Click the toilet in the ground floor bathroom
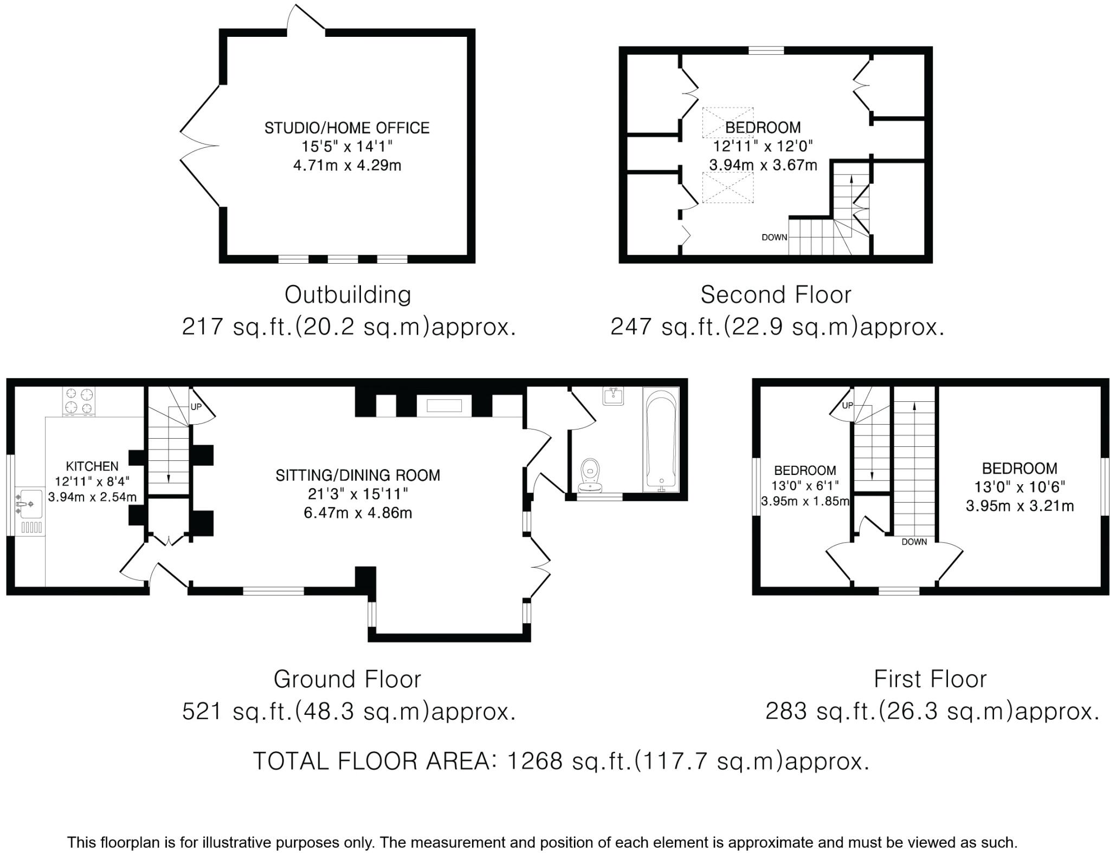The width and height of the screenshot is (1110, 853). pos(590,475)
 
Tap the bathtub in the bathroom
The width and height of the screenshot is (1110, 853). pos(661,439)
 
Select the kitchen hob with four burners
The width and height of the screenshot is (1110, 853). pos(79,401)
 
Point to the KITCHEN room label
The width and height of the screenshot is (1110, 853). pos(92,466)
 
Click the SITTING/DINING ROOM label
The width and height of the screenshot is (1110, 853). pos(358,476)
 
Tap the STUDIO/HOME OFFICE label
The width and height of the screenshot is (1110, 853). pos(347,128)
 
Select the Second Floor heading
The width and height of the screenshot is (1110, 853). pos(776,295)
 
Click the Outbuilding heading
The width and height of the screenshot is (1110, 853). pos(348,295)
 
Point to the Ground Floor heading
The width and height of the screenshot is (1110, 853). pos(347,679)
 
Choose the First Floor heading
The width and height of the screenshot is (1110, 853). pos(930,679)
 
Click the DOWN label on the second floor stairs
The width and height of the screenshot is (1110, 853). pos(774,237)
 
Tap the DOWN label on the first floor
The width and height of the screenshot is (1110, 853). pos(914,542)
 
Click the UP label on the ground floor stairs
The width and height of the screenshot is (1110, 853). pos(196,407)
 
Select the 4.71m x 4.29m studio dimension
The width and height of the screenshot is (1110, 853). pos(347,165)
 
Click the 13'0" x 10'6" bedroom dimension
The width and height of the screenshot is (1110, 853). pos(1019,487)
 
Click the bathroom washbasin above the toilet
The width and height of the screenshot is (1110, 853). pos(614,396)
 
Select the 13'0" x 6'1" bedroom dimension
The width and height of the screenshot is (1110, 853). pos(805,486)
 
